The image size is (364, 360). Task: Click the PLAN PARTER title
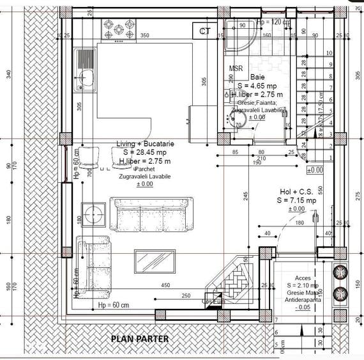(140, 339)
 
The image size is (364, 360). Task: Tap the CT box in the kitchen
(204, 31)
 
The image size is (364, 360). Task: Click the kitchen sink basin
(85, 80)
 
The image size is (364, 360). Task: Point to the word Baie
(257, 76)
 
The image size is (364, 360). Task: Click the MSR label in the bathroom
(236, 68)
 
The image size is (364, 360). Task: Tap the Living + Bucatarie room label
(145, 144)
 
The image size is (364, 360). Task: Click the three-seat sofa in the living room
(152, 214)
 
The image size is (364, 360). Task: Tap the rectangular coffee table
(155, 261)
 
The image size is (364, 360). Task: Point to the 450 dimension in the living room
(165, 285)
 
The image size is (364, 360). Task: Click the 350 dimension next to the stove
(145, 35)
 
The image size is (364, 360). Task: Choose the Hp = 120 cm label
(273, 22)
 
